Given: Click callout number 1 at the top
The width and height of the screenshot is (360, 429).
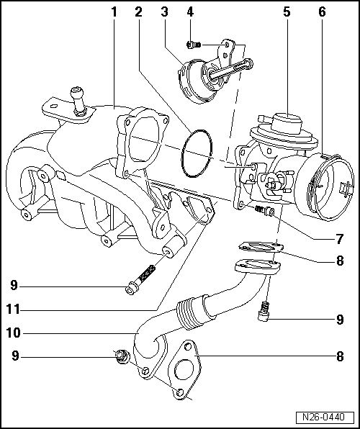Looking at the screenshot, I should (x=113, y=12).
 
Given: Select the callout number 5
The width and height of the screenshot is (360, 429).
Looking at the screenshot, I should (x=286, y=12).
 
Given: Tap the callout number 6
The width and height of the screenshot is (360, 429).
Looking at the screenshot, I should (x=321, y=12).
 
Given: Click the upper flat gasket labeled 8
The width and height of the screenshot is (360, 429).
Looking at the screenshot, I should (x=256, y=248).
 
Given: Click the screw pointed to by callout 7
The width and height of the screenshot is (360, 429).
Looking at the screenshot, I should (x=265, y=210).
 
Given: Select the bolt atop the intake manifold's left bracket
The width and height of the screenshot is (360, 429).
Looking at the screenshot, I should (x=77, y=99).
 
